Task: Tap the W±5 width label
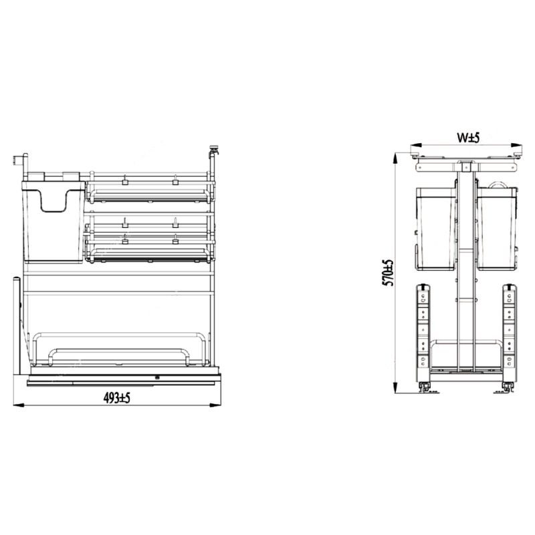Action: point(469,137)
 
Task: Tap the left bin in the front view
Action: point(437,227)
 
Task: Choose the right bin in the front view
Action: point(498,227)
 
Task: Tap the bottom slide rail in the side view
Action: point(120,381)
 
